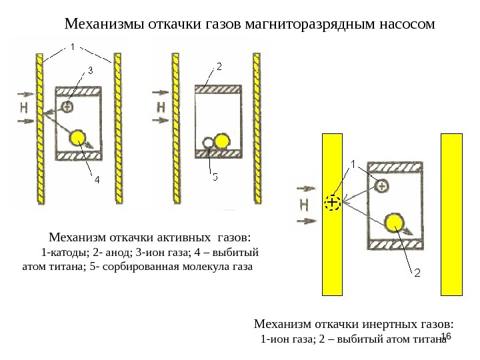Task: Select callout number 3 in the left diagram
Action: coord(90,69)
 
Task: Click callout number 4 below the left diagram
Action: coord(97,180)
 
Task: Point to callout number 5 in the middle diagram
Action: coord(215,177)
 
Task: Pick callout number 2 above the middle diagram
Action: coord(218,67)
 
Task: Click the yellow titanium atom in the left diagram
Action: coord(78,138)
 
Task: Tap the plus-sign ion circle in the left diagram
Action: coord(67,106)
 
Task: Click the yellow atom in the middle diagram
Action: coord(221,141)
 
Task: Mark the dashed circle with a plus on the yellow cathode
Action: coord(332,203)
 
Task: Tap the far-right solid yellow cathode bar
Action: coord(451,213)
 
